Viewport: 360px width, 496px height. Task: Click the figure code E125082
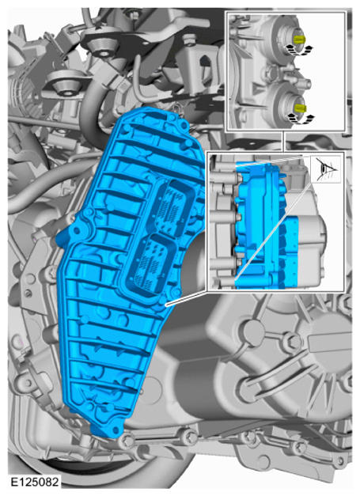pyautogui.click(x=35, y=482)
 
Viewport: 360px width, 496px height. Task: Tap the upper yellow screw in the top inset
pyautogui.click(x=298, y=40)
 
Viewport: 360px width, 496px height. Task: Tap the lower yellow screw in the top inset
pyautogui.click(x=299, y=108)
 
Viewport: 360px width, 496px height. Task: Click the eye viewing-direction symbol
pyautogui.click(x=327, y=168)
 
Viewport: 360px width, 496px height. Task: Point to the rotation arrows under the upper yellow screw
pyautogui.click(x=299, y=49)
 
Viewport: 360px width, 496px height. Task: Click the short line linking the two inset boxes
pyautogui.click(x=282, y=141)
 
